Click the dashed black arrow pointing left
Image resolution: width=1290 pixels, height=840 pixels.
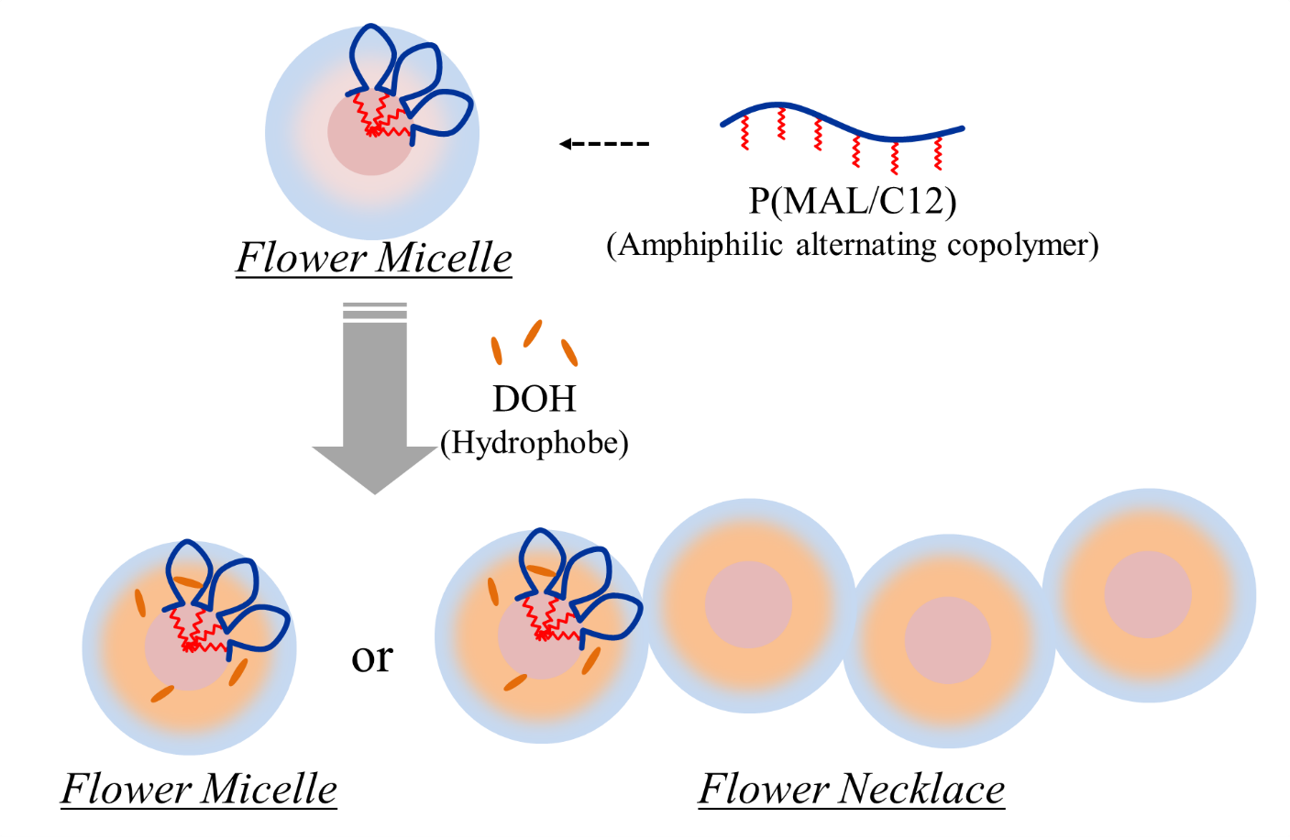(604, 144)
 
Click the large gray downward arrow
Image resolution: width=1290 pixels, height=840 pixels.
(375, 403)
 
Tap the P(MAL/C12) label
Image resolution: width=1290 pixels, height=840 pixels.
(853, 200)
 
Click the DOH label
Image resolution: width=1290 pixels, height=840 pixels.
(535, 399)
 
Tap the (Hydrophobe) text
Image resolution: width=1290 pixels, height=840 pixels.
(535, 443)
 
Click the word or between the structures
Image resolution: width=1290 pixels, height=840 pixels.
(372, 657)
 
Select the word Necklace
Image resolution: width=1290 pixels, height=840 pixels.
(922, 789)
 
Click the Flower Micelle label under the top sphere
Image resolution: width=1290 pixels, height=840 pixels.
(374, 258)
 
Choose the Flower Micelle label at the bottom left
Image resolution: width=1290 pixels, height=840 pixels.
(199, 789)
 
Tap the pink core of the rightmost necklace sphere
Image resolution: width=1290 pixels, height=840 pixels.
(1148, 594)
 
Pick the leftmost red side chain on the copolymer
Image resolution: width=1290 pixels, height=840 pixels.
(745, 133)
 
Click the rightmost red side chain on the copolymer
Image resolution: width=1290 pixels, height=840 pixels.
(938, 153)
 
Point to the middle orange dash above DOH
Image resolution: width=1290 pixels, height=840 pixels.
(533, 333)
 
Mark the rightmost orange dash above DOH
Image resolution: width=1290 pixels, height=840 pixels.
(569, 352)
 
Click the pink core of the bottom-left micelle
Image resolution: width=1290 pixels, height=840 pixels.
(183, 660)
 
